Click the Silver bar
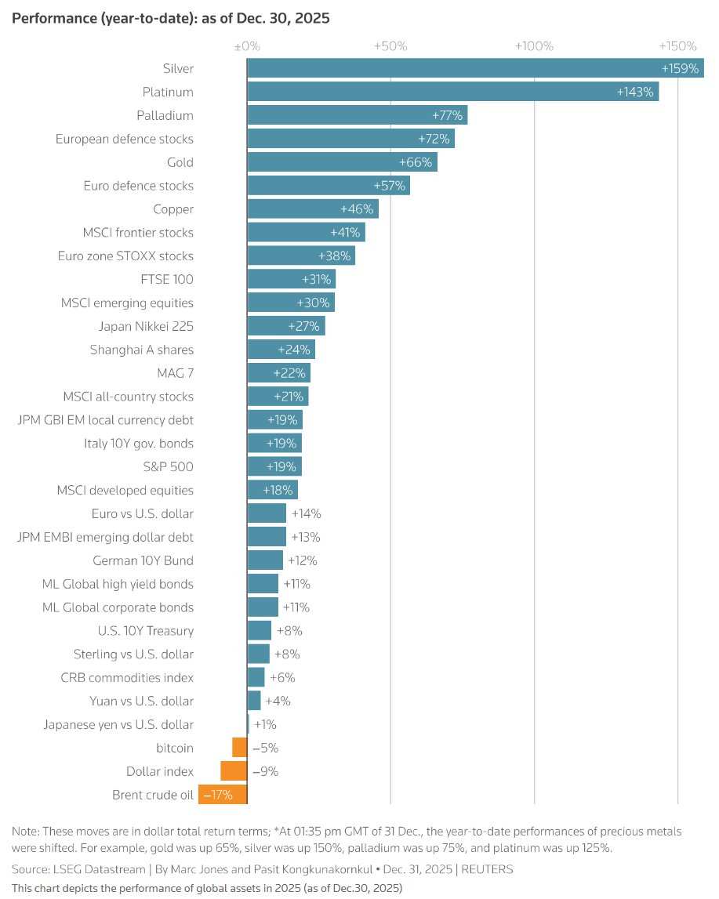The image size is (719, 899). [x=470, y=68]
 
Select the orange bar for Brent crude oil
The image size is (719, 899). [x=223, y=795]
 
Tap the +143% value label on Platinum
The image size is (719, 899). [x=635, y=92]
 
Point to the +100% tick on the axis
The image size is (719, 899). [x=534, y=46]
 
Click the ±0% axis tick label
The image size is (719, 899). [x=246, y=46]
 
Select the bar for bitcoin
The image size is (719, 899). [x=239, y=748]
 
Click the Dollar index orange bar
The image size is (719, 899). [x=234, y=771]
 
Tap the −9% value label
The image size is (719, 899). [x=265, y=771]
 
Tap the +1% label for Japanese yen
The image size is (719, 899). [x=265, y=724]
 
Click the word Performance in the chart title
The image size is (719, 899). [x=49, y=18]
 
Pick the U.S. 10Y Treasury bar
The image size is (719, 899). [x=260, y=630]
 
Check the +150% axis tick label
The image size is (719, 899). [x=677, y=46]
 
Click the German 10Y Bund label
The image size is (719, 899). [x=143, y=560]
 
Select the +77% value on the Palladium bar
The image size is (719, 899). [x=448, y=115]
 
